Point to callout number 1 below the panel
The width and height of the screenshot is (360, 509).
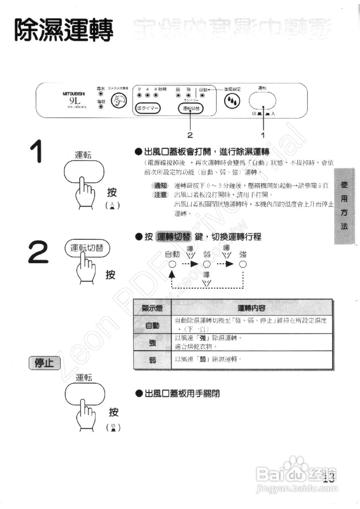pos(263,135)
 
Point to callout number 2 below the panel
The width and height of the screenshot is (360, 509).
pos(190,135)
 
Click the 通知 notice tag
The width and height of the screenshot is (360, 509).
pos(161,186)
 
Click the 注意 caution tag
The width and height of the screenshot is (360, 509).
pos(161,195)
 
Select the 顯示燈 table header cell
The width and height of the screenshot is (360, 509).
pos(152,308)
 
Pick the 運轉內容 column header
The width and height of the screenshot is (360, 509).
pos(252,308)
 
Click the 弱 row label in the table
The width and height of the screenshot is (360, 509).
pos(152,360)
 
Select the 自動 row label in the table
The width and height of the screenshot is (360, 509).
pos(152,326)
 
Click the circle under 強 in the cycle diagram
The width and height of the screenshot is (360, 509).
pos(243,264)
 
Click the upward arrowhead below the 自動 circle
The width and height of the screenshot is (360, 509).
pos(172,275)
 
